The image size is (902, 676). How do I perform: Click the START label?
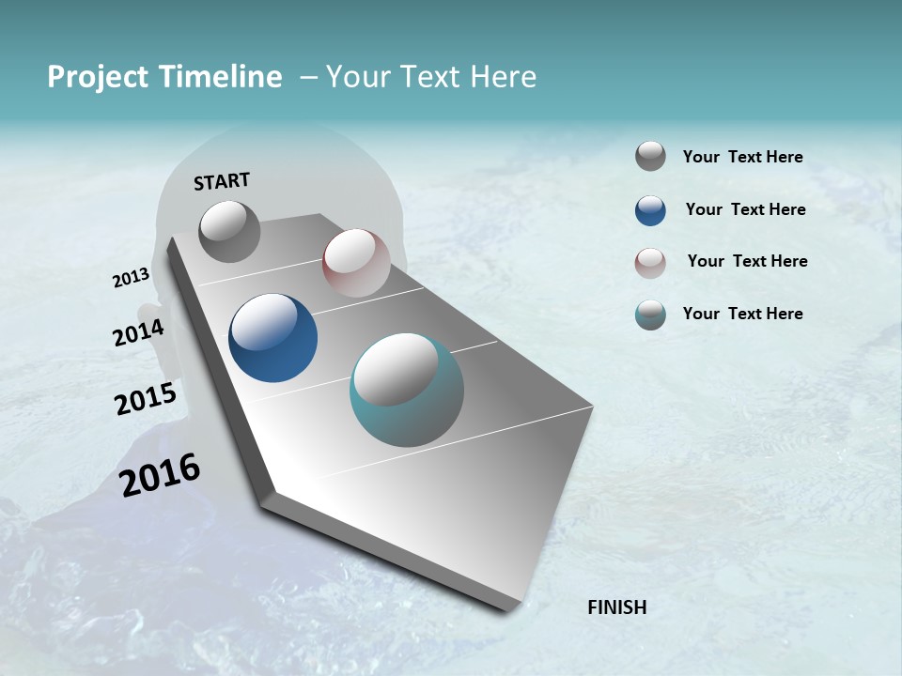point(222,181)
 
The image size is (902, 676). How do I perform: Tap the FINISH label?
point(617,607)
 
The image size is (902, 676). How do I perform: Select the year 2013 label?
point(131,278)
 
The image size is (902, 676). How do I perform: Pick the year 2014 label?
point(138,333)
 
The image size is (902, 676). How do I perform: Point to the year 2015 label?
point(146,399)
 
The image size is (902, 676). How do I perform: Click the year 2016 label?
point(160,475)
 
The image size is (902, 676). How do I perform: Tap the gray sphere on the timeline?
point(230,231)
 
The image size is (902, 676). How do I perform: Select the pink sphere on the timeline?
point(356,263)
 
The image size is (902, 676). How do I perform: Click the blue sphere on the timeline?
point(273,338)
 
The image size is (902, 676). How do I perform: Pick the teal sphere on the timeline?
point(407,390)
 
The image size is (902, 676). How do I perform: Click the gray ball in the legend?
point(650,156)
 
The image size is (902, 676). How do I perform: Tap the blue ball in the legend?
point(650,210)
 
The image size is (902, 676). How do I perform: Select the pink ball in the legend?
point(650,263)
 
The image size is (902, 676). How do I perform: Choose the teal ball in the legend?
point(650,315)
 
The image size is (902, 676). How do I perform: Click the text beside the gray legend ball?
point(742,158)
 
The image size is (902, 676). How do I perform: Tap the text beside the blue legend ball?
point(745,209)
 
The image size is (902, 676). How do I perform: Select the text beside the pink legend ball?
point(747,261)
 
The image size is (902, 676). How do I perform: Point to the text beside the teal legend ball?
point(742,314)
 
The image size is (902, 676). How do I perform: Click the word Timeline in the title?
point(221,77)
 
